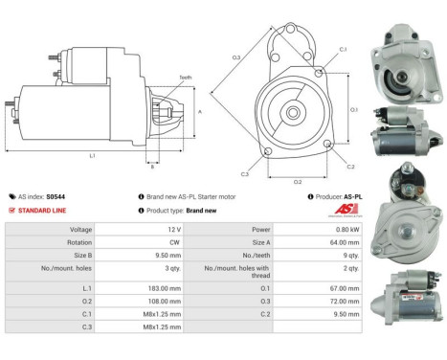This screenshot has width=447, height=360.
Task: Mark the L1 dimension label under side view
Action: pyautogui.click(x=92, y=155)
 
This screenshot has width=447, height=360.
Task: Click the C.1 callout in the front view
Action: pyautogui.click(x=344, y=48)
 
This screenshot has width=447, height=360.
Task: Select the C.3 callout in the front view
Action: pyautogui.click(x=245, y=174)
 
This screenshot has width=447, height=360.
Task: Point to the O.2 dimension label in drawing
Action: pyautogui.click(x=297, y=180)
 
